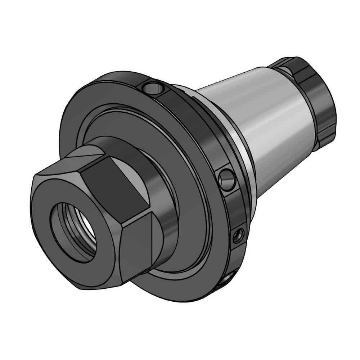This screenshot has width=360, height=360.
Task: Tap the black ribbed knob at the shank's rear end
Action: pos(317,97)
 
